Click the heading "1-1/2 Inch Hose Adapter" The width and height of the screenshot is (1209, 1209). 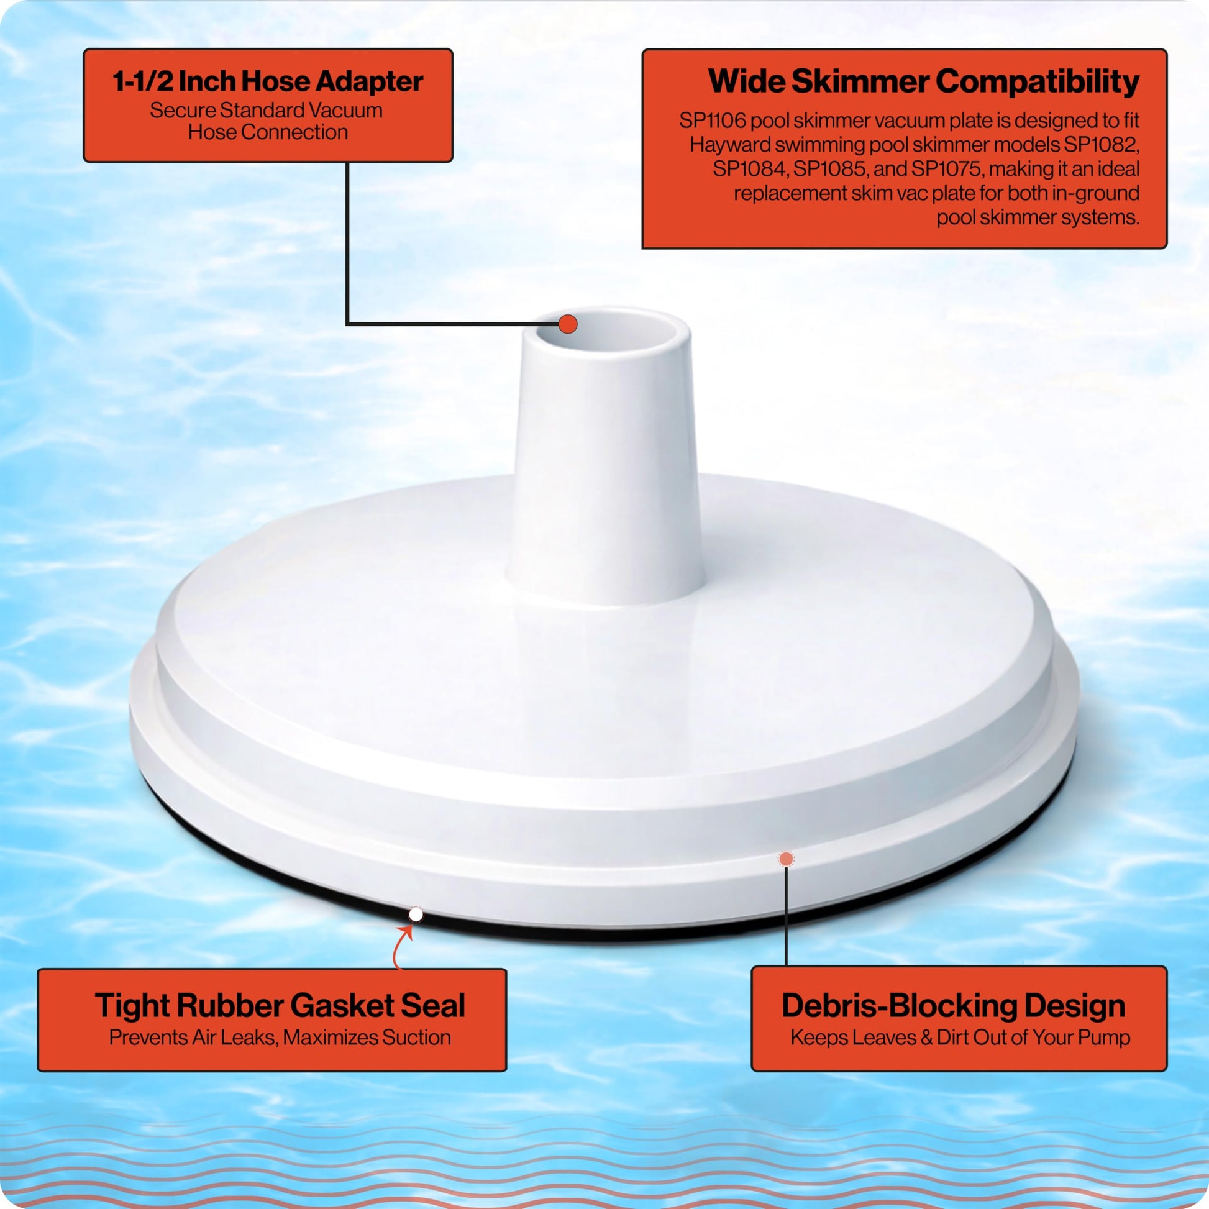(268, 81)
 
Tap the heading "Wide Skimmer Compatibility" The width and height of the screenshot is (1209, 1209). (924, 82)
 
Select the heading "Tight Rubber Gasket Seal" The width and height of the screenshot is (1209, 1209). (280, 1006)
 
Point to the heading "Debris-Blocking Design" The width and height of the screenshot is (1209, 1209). (954, 1006)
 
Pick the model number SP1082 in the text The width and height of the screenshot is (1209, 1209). (1102, 145)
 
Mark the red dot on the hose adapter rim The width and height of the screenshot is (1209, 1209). (568, 324)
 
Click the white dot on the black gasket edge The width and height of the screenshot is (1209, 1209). (416, 915)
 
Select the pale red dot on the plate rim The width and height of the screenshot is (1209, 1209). (786, 859)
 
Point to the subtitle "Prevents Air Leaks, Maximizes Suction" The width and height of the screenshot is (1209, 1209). (280, 1038)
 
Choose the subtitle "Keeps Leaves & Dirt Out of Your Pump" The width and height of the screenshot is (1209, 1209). (960, 1038)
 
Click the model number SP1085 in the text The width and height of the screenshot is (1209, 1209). (831, 170)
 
